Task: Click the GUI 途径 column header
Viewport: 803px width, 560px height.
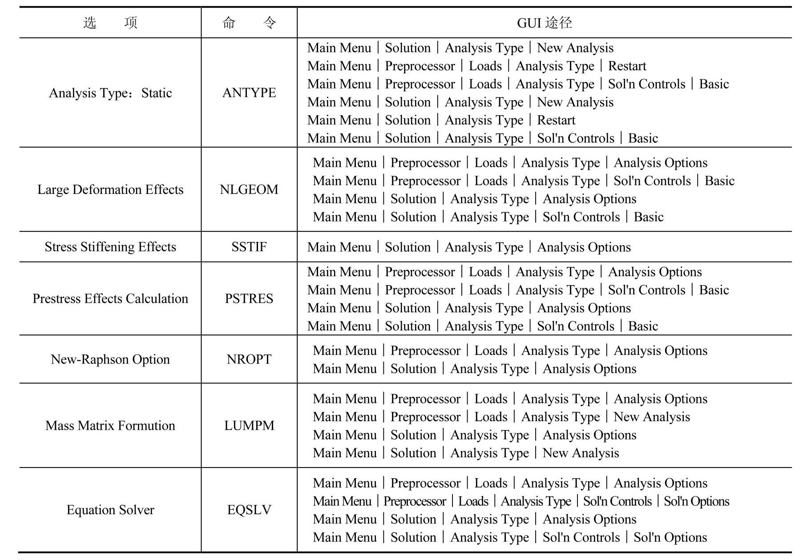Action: point(544,23)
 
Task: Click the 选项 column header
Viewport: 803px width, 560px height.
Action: point(110,23)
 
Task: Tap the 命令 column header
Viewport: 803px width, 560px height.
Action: point(249,23)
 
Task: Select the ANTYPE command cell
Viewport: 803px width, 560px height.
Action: point(249,93)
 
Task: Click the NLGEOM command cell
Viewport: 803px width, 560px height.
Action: point(249,189)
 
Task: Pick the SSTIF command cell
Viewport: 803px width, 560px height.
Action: point(249,247)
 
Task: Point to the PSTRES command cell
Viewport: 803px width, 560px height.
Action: point(249,298)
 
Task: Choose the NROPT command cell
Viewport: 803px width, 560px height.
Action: point(249,359)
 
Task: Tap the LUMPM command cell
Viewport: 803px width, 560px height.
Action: point(249,426)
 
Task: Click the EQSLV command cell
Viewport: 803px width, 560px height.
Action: point(249,510)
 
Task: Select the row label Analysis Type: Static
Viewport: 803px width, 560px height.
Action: point(110,93)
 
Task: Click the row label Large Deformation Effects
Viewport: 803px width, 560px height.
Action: point(110,189)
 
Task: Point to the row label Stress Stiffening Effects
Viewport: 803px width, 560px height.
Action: point(110,247)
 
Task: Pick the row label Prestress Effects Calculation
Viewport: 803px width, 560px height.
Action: point(110,298)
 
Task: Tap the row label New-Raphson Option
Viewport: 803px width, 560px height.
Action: point(110,359)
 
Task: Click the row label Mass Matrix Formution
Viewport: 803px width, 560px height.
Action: point(110,426)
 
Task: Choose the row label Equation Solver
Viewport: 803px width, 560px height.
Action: point(110,510)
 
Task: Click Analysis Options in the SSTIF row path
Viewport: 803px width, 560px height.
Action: point(584,247)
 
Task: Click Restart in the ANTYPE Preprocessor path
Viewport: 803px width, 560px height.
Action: point(627,66)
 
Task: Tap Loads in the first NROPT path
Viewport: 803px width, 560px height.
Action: point(491,351)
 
